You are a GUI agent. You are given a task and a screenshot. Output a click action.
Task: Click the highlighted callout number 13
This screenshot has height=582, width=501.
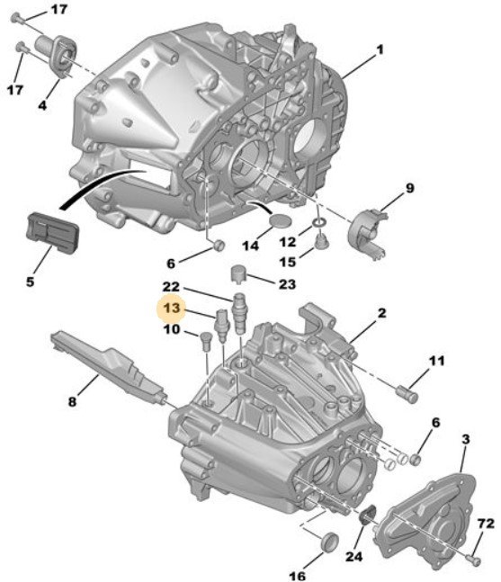click(x=172, y=308)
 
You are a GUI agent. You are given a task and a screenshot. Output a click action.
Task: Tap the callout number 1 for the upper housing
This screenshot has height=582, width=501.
click(x=380, y=49)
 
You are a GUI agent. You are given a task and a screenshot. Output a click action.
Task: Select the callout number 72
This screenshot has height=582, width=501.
click(x=486, y=524)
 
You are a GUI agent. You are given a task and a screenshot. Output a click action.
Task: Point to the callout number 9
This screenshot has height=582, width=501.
click(x=409, y=188)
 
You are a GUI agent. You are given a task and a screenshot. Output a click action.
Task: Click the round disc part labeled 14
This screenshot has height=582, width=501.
click(x=281, y=219)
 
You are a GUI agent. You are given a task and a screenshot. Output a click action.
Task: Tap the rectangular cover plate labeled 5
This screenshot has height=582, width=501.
click(x=52, y=231)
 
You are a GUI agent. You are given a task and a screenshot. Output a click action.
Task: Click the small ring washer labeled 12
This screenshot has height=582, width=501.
click(x=318, y=223)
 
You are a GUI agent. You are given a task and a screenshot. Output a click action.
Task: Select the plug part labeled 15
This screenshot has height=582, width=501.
click(x=321, y=242)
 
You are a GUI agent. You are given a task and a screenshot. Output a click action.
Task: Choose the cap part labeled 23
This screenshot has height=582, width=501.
click(x=239, y=273)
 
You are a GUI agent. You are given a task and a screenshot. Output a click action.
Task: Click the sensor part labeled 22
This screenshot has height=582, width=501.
click(x=240, y=314)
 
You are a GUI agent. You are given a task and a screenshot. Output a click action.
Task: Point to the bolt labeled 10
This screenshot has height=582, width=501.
click(x=205, y=342)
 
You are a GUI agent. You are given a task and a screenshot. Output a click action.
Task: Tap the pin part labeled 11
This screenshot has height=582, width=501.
click(x=407, y=394)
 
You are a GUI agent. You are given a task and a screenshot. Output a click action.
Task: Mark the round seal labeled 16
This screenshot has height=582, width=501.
click(x=329, y=542)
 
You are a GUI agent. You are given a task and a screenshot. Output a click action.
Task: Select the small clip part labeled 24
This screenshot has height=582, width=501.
click(x=368, y=514)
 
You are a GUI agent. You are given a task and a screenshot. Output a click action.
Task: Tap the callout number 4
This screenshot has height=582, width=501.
click(x=42, y=105)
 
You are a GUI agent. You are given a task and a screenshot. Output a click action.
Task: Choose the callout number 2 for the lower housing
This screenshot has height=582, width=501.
click(x=382, y=312)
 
